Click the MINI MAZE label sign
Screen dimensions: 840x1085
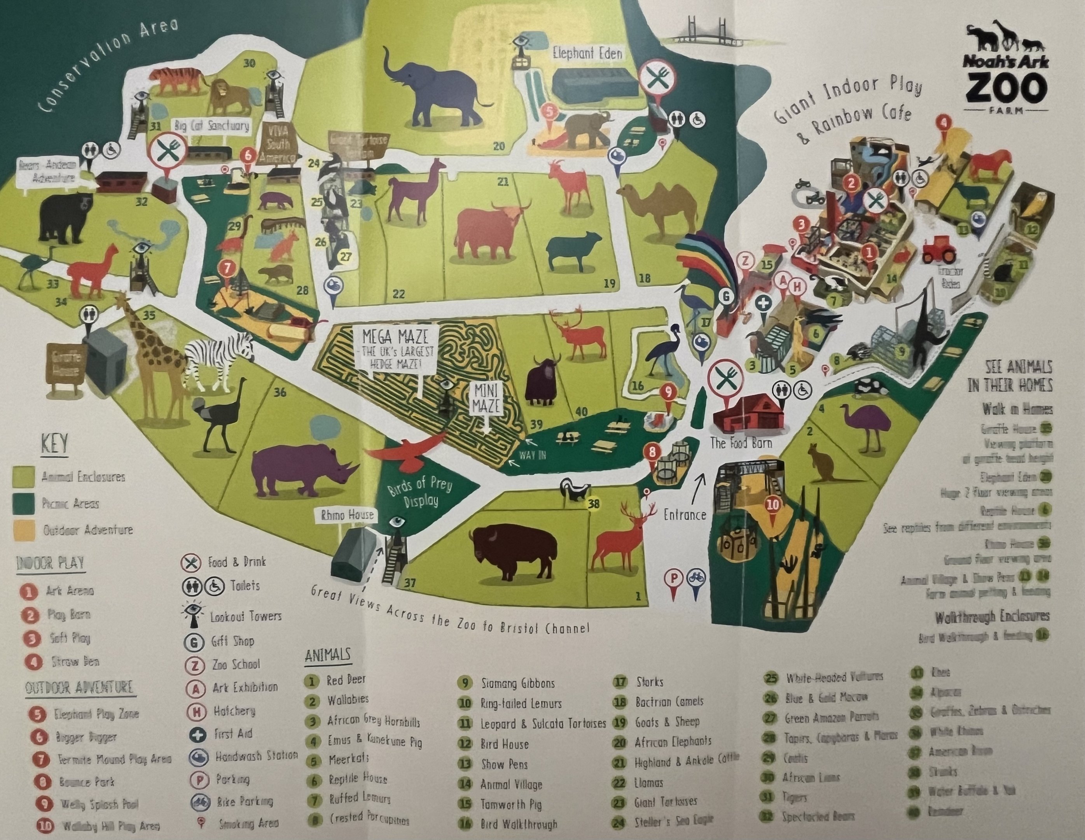[x=486, y=400]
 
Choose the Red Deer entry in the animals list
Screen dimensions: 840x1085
[x=346, y=680]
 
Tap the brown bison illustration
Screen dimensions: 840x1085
[x=514, y=552]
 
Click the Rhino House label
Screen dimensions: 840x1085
[x=347, y=515]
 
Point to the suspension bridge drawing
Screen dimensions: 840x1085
[x=706, y=35]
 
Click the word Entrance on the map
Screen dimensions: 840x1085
[x=685, y=514]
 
